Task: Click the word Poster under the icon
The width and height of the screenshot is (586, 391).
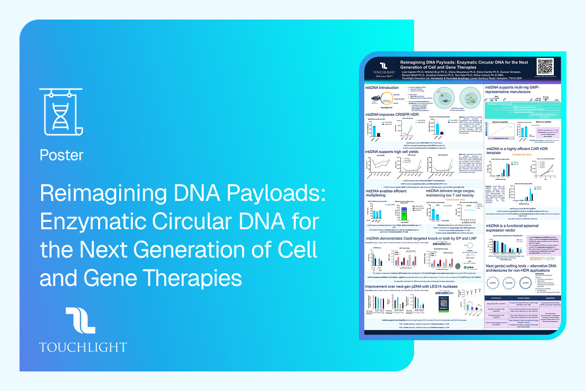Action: pos(62,155)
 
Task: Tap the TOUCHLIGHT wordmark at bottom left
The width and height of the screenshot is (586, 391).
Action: pos(83,348)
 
